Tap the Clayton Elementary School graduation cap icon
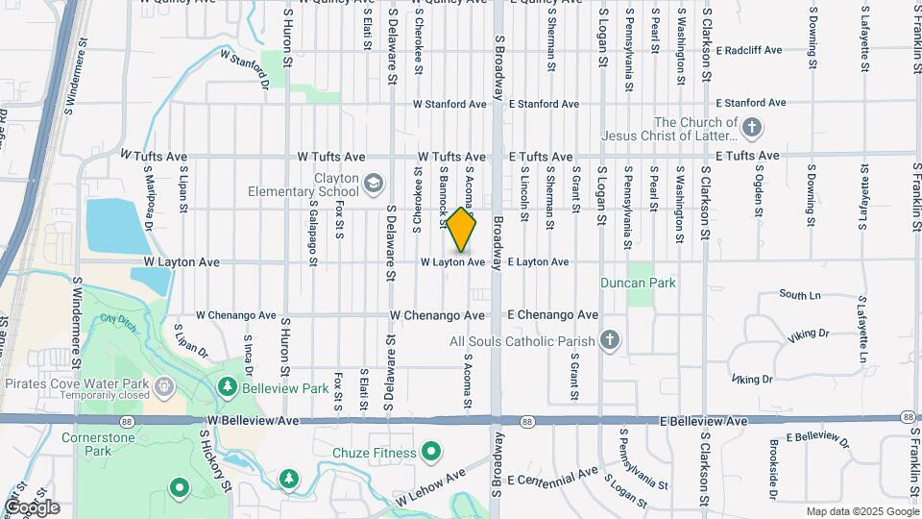(373, 183)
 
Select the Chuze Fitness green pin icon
(432, 452)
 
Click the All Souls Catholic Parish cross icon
(608, 340)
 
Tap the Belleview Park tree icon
(228, 388)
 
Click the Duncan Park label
(638, 283)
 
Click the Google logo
(32, 507)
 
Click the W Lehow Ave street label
(431, 486)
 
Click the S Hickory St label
(217, 462)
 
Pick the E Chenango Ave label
(552, 315)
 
